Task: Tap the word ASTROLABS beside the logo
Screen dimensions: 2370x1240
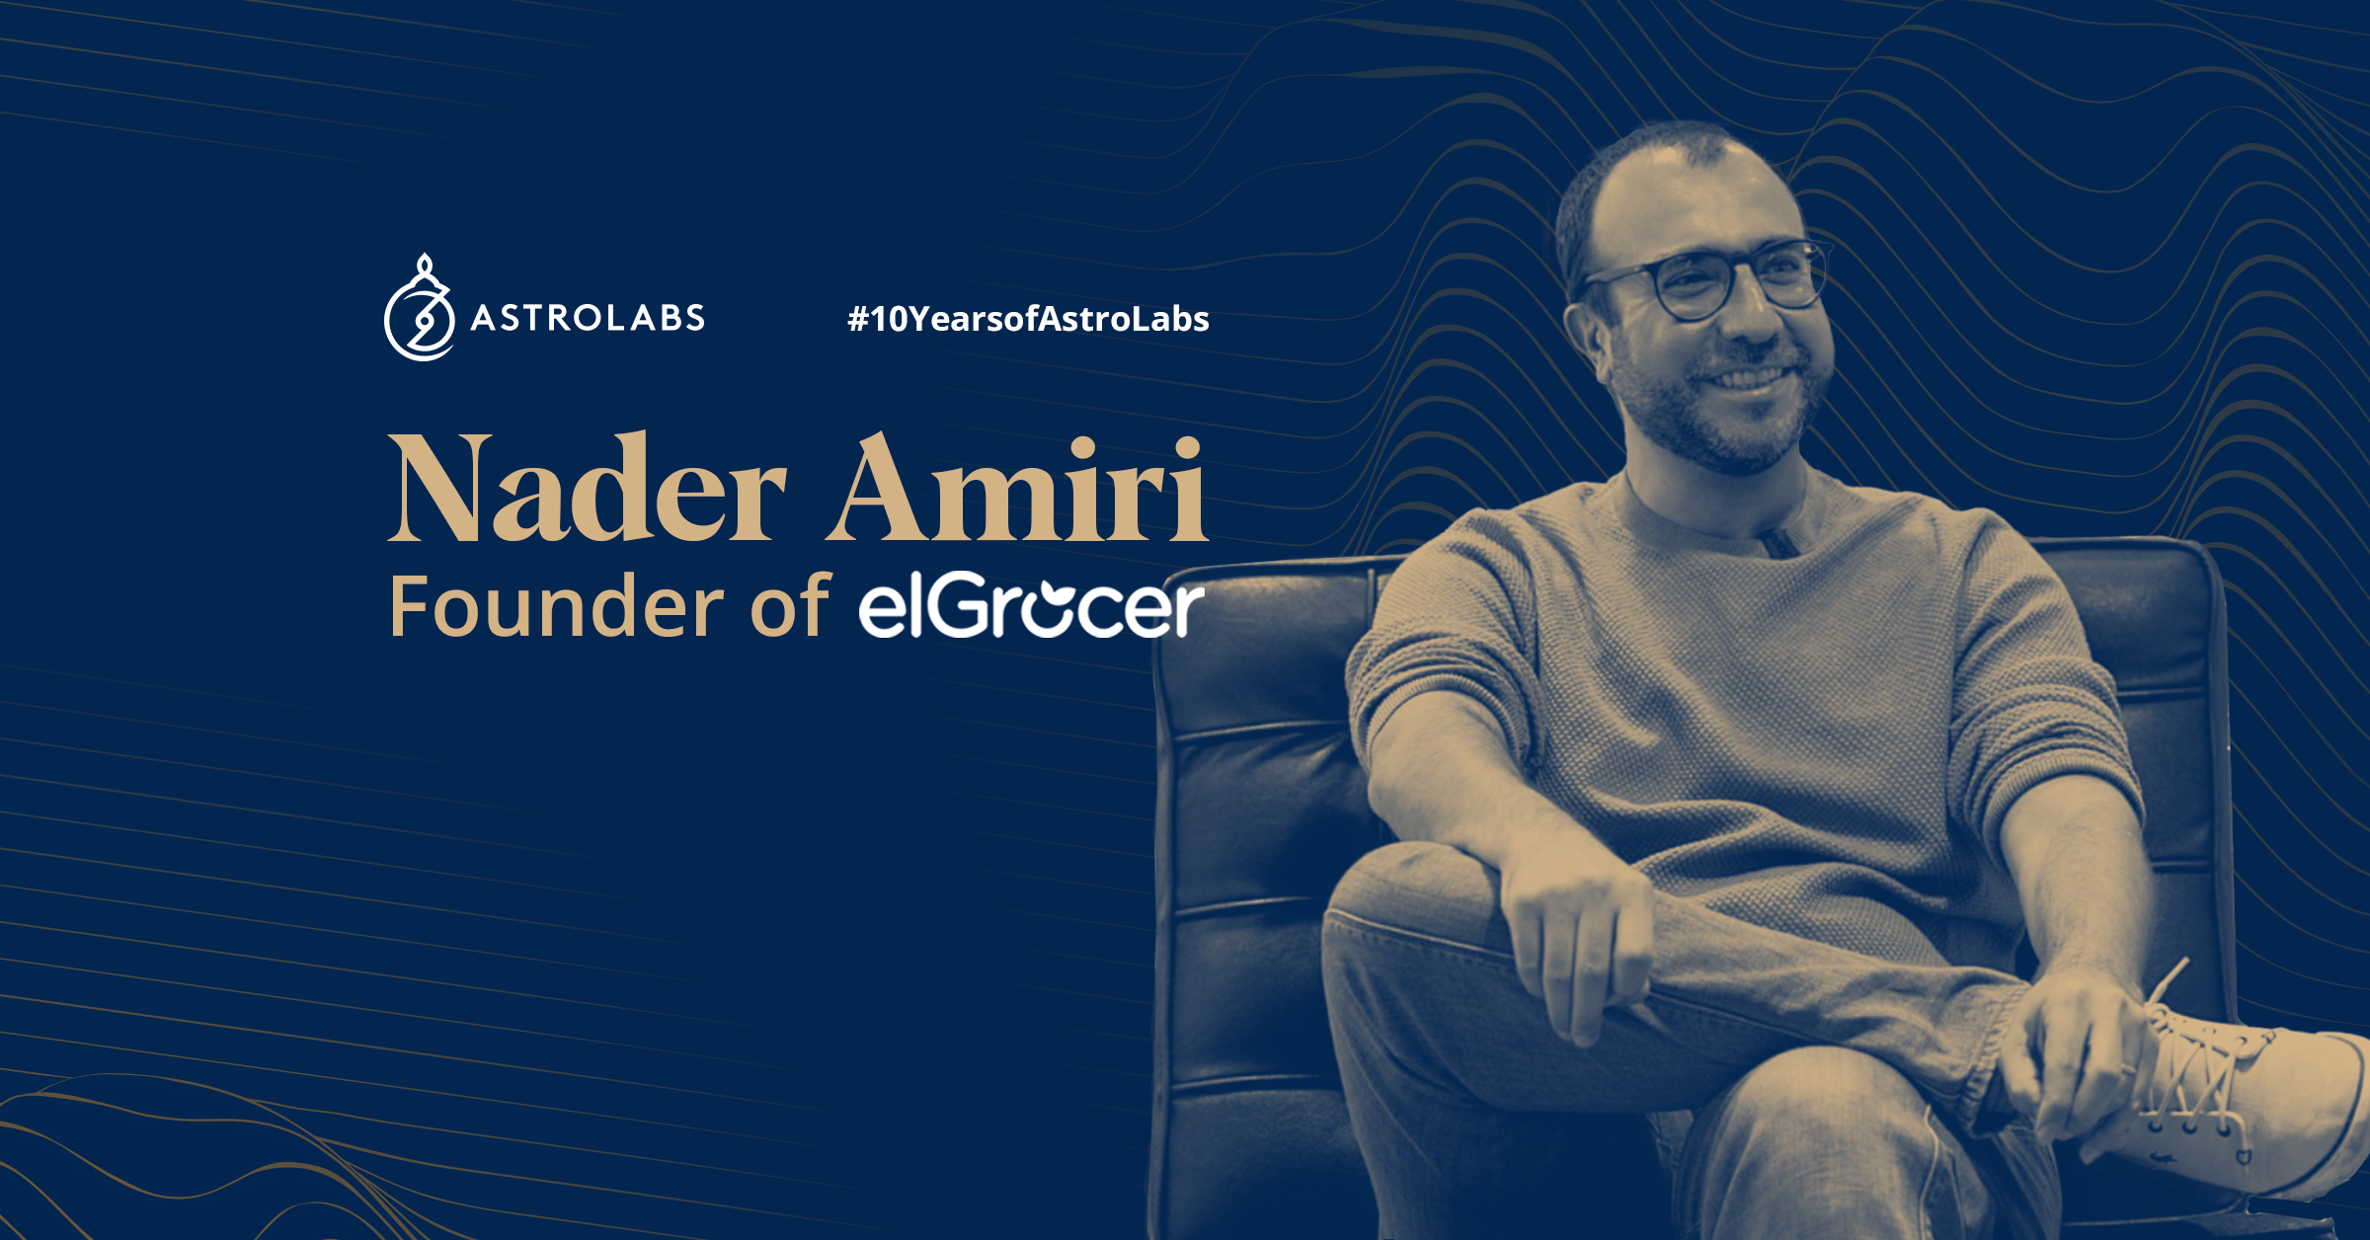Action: click(588, 318)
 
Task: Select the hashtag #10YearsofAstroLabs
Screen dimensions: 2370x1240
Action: click(1028, 319)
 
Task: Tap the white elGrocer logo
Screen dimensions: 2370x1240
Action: click(1031, 604)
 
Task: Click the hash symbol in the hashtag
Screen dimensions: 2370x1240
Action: click(857, 319)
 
